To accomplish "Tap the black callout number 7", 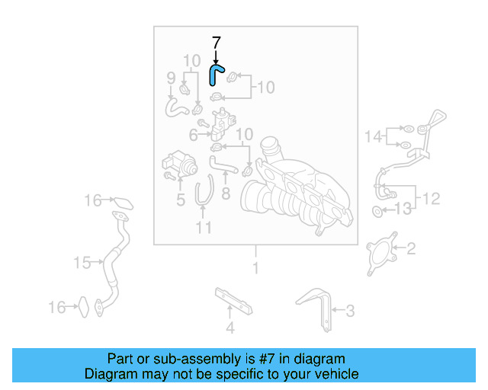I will coord(216,43).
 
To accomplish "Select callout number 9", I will coord(172,78).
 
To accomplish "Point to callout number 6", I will coord(194,135).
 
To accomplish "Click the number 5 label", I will coord(180,200).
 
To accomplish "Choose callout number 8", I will coord(226,194).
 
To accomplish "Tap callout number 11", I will coord(203,228).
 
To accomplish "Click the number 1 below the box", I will coord(255,267).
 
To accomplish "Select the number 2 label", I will coord(410,248).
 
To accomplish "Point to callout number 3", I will coord(349,310).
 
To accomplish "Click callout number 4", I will coord(230,329).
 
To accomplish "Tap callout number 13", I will coord(403,208).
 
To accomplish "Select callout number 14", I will coord(374,136).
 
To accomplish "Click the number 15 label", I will coord(82,263).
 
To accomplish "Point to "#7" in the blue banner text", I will coord(255,358).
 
